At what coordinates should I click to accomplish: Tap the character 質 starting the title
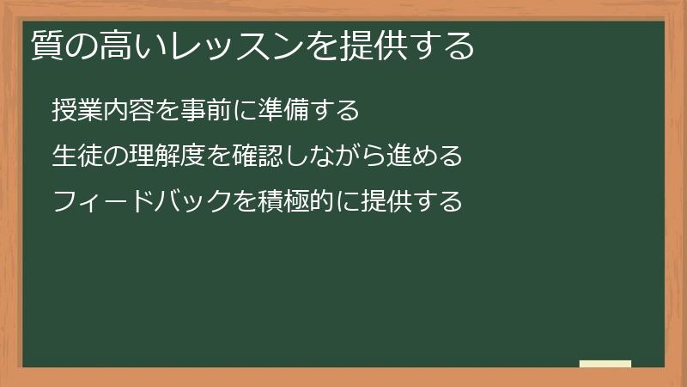(x=45, y=46)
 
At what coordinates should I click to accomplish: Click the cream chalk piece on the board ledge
(x=605, y=364)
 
